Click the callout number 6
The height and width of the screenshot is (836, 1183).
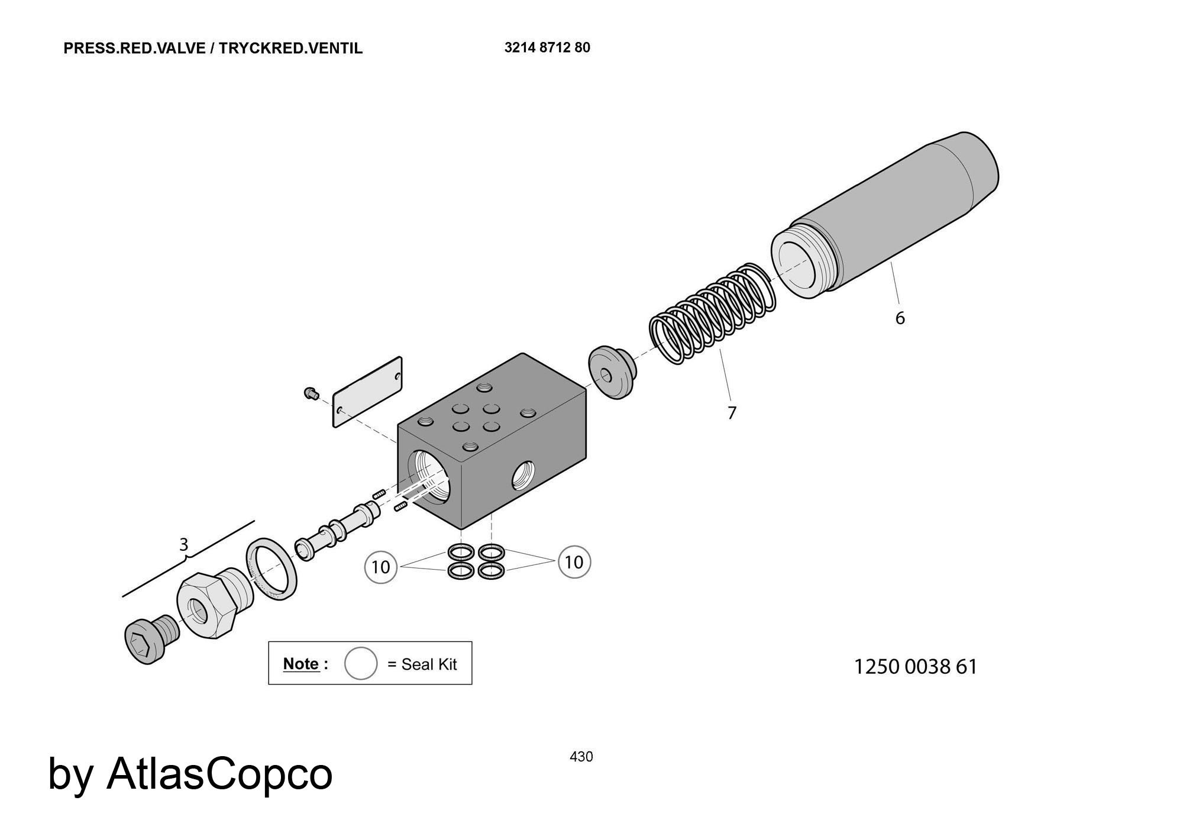pos(900,318)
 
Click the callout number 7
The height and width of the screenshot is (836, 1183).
pos(732,413)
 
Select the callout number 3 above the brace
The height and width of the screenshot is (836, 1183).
pos(183,544)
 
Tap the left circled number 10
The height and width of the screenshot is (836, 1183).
pos(380,567)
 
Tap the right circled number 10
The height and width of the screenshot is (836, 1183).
pos(574,561)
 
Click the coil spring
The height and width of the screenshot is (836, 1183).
pos(712,314)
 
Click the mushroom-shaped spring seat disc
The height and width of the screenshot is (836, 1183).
pos(612,373)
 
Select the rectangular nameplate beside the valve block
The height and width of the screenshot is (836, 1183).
pos(367,392)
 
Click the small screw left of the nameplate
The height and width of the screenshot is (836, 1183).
pos(311,392)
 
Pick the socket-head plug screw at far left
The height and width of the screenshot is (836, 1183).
pos(151,640)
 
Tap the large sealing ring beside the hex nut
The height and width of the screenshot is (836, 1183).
pos(271,569)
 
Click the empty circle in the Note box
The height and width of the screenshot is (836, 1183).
pos(361,663)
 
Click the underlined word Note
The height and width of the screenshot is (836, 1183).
pos(302,664)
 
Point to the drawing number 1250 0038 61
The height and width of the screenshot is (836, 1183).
pos(916,667)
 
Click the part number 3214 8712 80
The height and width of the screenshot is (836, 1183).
pos(547,47)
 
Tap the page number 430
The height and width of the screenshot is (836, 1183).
pos(581,757)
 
